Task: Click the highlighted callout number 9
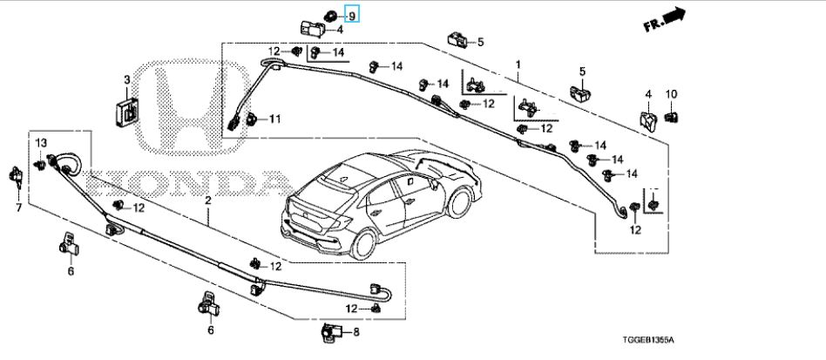[x=352, y=15]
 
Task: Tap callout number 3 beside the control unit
[x=126, y=81]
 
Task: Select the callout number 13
[x=40, y=142]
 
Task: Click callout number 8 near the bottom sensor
[x=355, y=331]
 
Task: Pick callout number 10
[x=671, y=94]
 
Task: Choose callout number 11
[x=273, y=119]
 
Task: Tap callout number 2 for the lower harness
[x=207, y=201]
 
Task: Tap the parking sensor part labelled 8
[x=330, y=331]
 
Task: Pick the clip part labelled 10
[x=672, y=115]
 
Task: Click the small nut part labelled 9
[x=332, y=14]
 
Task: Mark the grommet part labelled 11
[x=251, y=118]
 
